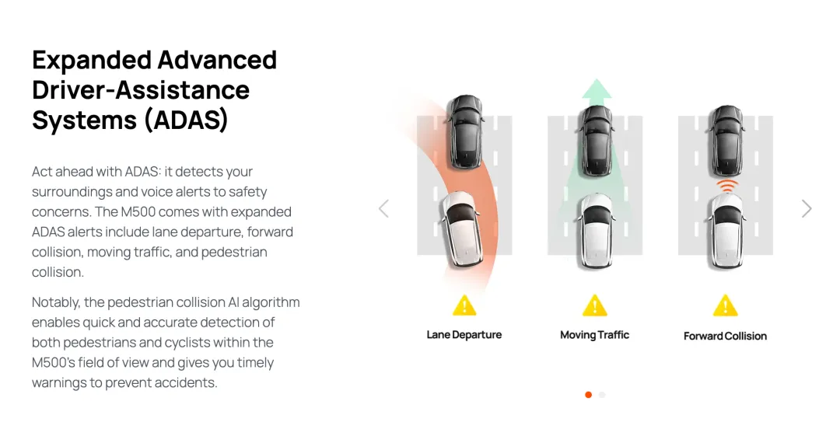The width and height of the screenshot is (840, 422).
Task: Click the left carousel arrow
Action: pos(383,208)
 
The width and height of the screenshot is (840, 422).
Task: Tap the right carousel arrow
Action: pos(807,208)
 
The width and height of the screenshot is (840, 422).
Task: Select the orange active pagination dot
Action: pos(588,395)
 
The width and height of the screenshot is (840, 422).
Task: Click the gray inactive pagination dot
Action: pos(602,395)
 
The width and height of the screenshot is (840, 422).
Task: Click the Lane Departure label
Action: pos(464,335)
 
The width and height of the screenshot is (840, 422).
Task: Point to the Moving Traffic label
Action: pos(595,335)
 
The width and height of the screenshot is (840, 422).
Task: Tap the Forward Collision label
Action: pos(725,336)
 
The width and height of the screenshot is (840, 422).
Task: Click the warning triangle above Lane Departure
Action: pos(464,305)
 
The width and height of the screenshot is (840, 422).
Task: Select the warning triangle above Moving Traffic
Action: pos(595,305)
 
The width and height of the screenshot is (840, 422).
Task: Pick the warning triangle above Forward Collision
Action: pos(726,305)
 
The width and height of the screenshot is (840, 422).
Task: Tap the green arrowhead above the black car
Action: pos(597,89)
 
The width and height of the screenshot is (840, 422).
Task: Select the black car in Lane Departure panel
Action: pos(465,131)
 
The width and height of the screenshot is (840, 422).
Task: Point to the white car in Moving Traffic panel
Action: pos(597,231)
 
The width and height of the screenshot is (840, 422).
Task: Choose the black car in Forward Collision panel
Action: pos(726,141)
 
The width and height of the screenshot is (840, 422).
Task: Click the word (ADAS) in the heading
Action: pos(186,120)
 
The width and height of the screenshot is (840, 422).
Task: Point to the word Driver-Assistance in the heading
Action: pos(141,89)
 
